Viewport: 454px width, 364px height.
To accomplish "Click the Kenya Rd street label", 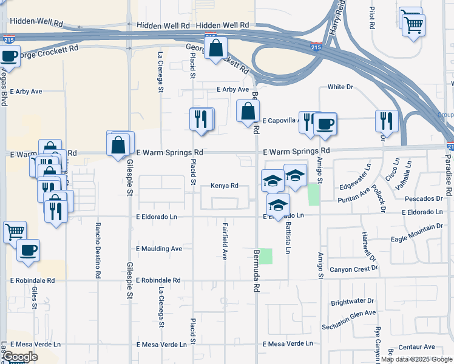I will click(x=225, y=186).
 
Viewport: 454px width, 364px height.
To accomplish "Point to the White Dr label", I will click(x=340, y=87).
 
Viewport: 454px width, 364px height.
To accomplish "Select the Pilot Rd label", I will click(x=371, y=18).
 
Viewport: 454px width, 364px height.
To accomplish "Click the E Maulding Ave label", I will click(x=159, y=249).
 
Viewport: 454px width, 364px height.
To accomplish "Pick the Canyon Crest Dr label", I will click(x=354, y=269).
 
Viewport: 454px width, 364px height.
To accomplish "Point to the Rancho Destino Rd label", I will click(x=98, y=250).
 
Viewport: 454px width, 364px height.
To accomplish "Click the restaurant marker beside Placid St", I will click(x=202, y=119).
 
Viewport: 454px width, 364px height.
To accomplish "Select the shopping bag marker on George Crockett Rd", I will click(x=215, y=49).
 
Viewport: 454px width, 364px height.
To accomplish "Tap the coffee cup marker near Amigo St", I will click(x=325, y=124).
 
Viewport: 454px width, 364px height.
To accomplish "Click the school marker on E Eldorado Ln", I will click(x=278, y=206).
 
